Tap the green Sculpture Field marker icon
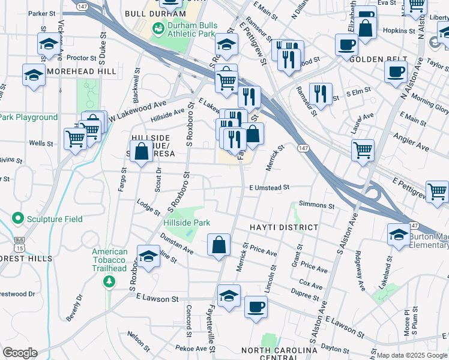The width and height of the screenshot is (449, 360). (x=18, y=219)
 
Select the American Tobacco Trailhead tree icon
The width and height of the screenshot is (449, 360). (x=109, y=281)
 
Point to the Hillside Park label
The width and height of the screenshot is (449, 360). (x=187, y=223)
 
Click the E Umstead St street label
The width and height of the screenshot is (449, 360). (x=270, y=187)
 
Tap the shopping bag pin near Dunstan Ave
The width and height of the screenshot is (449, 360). (x=219, y=245)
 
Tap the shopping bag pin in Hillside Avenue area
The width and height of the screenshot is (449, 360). (x=141, y=152)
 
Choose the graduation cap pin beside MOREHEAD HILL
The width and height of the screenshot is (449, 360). (x=34, y=75)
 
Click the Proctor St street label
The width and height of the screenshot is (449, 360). (x=82, y=58)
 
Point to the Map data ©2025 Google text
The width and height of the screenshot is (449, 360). (x=412, y=355)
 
